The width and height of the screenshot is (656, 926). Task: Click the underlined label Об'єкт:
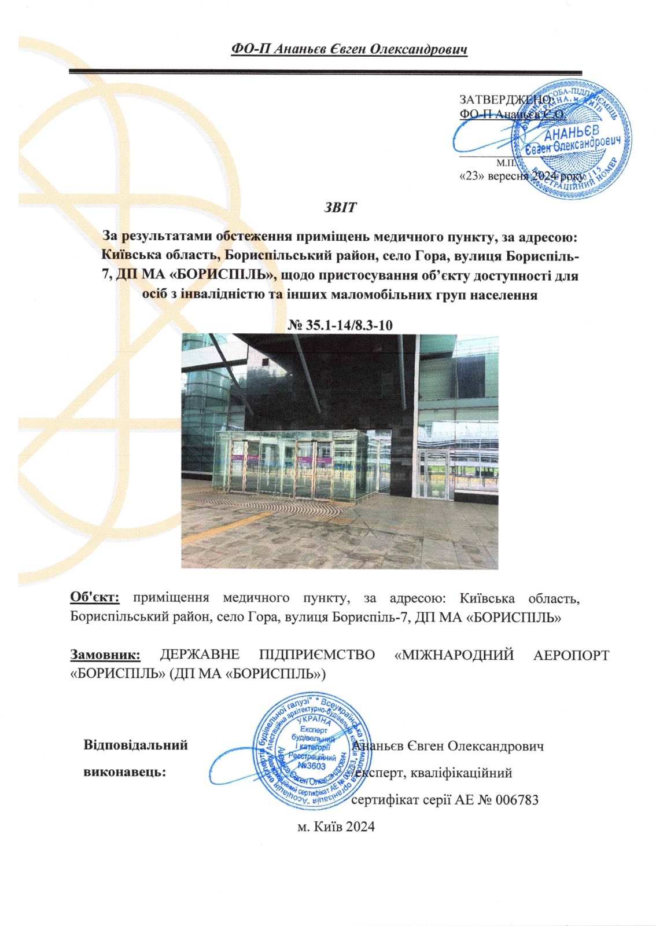[94, 597]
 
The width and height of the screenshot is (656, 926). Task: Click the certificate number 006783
[518, 800]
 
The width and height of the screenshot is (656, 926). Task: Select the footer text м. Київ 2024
[336, 826]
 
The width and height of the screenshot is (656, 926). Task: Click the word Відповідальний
[136, 745]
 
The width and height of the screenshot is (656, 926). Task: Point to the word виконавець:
[125, 772]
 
